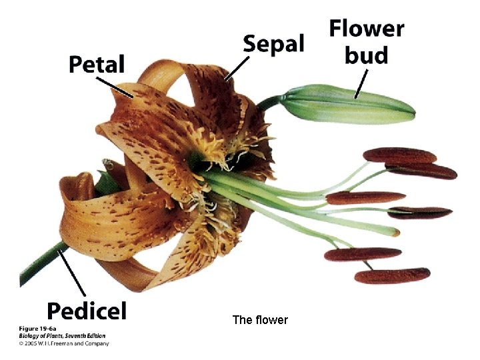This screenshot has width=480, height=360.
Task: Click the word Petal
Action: [97, 65]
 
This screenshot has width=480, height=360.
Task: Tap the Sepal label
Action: [273, 45]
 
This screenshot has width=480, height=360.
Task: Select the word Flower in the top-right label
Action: [366, 29]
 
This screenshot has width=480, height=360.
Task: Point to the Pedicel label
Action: [86, 310]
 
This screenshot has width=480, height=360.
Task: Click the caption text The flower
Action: [260, 320]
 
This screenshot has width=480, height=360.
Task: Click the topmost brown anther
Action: [399, 155]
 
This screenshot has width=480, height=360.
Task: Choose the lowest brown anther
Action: [392, 275]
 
